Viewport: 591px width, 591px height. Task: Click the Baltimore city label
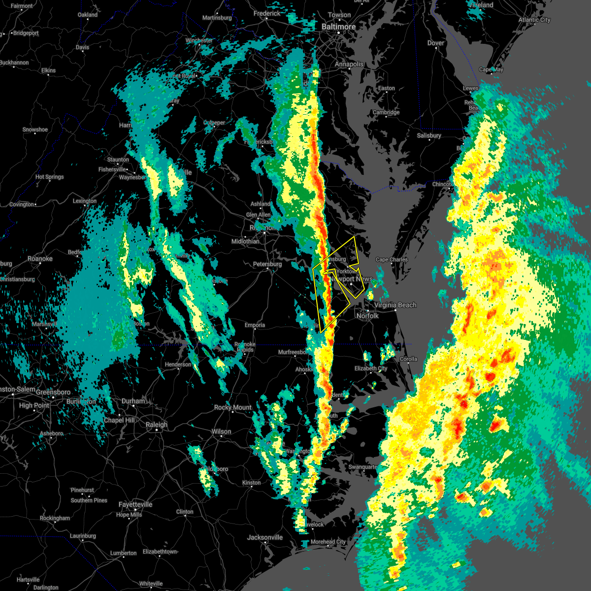(x=338, y=27)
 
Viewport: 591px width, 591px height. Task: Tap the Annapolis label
(x=349, y=65)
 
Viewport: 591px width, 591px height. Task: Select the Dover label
(x=436, y=43)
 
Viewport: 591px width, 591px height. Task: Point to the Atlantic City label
(x=534, y=20)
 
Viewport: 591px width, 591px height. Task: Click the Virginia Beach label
(x=395, y=305)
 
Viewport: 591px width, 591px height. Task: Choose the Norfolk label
(x=367, y=316)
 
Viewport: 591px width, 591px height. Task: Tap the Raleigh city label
(x=157, y=425)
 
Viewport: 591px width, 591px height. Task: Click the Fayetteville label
(x=135, y=505)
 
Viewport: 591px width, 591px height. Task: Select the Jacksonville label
(x=265, y=537)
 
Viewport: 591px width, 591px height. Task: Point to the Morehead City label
(x=328, y=542)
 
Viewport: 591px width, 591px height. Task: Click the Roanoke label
(x=40, y=259)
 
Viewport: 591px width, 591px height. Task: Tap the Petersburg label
(x=267, y=264)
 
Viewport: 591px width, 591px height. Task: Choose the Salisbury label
(x=429, y=136)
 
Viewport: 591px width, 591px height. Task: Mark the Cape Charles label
(x=392, y=260)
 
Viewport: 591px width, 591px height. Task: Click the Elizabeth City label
(x=371, y=368)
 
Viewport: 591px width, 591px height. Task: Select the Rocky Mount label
(x=233, y=408)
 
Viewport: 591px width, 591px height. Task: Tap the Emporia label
(x=255, y=326)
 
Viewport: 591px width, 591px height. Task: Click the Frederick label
(x=267, y=14)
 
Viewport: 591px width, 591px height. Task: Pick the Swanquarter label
(x=363, y=467)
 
